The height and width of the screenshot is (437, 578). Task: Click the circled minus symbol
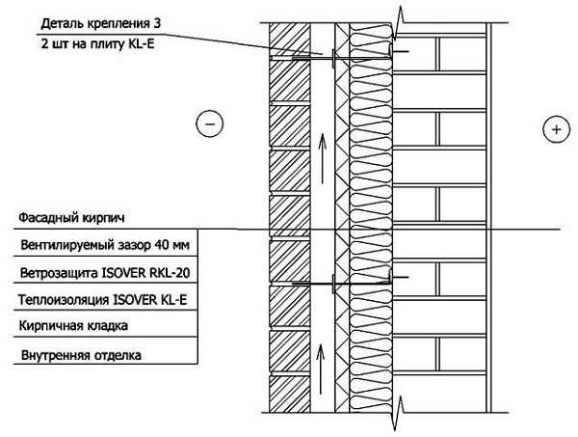[209, 123]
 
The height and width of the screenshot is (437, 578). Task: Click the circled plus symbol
[556, 129]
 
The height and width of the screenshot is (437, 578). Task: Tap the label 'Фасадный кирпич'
[71, 218]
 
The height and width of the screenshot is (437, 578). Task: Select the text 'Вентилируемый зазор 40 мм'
[105, 245]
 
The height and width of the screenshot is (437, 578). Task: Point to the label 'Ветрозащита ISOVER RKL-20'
[105, 273]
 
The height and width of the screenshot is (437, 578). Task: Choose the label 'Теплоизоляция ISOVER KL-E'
[103, 300]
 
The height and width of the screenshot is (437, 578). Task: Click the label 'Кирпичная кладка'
[73, 326]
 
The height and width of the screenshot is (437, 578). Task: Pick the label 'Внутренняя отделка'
[81, 355]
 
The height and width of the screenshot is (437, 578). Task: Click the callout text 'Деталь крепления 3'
[101, 24]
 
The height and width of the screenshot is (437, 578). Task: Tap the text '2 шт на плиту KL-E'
[97, 44]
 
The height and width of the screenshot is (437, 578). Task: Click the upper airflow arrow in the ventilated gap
[323, 159]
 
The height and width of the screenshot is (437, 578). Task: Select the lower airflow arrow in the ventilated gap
[321, 369]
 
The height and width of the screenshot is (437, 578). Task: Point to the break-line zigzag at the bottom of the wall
[398, 413]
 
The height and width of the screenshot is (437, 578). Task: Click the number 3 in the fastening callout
[157, 23]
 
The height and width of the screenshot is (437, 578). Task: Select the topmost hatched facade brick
[289, 40]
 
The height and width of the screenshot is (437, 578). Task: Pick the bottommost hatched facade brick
[289, 395]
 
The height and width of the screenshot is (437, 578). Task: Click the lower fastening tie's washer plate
[333, 284]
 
